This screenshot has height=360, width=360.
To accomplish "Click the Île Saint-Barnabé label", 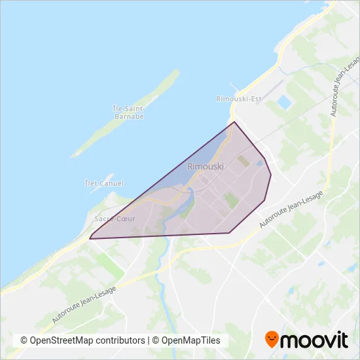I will [x=128, y=112].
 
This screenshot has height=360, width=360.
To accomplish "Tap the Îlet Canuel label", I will [x=105, y=184].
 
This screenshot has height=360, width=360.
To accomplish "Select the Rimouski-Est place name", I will [x=238, y=99].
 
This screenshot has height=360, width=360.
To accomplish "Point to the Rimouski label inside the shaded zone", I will [x=206, y=166].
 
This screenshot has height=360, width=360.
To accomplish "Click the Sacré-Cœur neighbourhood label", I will [x=115, y=218].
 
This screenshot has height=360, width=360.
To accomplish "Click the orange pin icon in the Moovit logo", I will [x=272, y=339].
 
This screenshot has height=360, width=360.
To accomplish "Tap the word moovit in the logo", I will [x=314, y=340].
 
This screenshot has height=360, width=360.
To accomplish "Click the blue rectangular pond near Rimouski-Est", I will [x=284, y=103].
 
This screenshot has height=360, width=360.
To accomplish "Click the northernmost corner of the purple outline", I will [x=234, y=122].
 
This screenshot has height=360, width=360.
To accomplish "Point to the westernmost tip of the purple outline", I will [x=90, y=238].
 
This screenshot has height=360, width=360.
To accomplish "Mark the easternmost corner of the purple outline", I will [x=271, y=175].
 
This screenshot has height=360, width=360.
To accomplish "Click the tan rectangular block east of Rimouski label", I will [x=243, y=160].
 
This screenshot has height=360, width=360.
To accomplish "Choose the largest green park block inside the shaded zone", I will [x=231, y=200].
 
